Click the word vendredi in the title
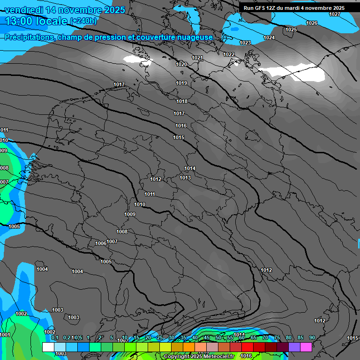[x=26, y=10]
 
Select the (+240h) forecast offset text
[x=84, y=21]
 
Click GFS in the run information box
[x=261, y=8]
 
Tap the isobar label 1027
[x=335, y=14]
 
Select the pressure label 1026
[x=312, y=23]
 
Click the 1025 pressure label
[x=291, y=30]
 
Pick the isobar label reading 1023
[x=245, y=43]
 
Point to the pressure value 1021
[x=197, y=58]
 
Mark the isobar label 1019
[x=182, y=83]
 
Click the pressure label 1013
[x=185, y=178]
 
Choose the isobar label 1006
[x=101, y=243]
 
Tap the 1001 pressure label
[x=5, y=335]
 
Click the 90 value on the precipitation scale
[x=312, y=337]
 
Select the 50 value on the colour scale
[x=218, y=337]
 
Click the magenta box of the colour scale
[x=306, y=347]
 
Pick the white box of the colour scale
[x=48, y=347]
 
